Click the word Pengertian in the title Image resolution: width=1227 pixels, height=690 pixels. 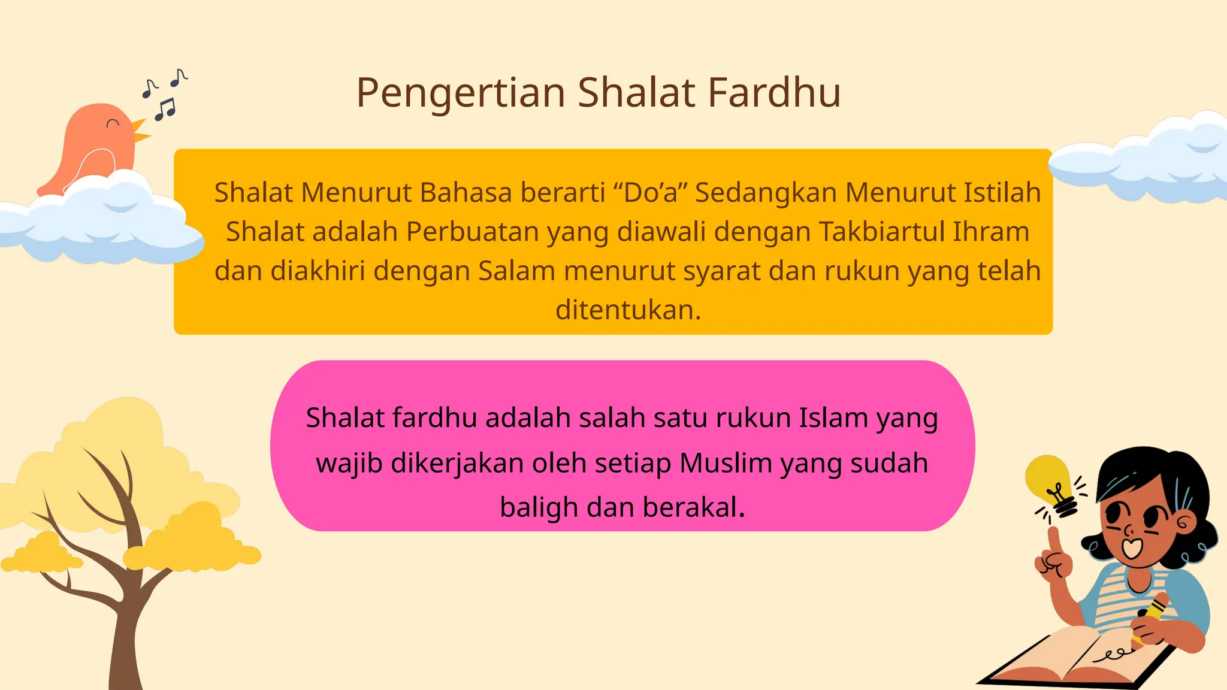click(461, 93)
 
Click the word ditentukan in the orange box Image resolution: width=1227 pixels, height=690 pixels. click(627, 310)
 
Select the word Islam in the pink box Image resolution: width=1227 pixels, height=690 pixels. click(833, 418)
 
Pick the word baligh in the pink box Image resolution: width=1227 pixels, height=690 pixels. click(539, 508)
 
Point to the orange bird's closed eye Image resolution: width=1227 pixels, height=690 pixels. click(113, 123)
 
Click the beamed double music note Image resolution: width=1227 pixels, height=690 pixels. click(165, 109)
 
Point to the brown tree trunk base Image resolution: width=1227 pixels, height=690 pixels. click(126, 665)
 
